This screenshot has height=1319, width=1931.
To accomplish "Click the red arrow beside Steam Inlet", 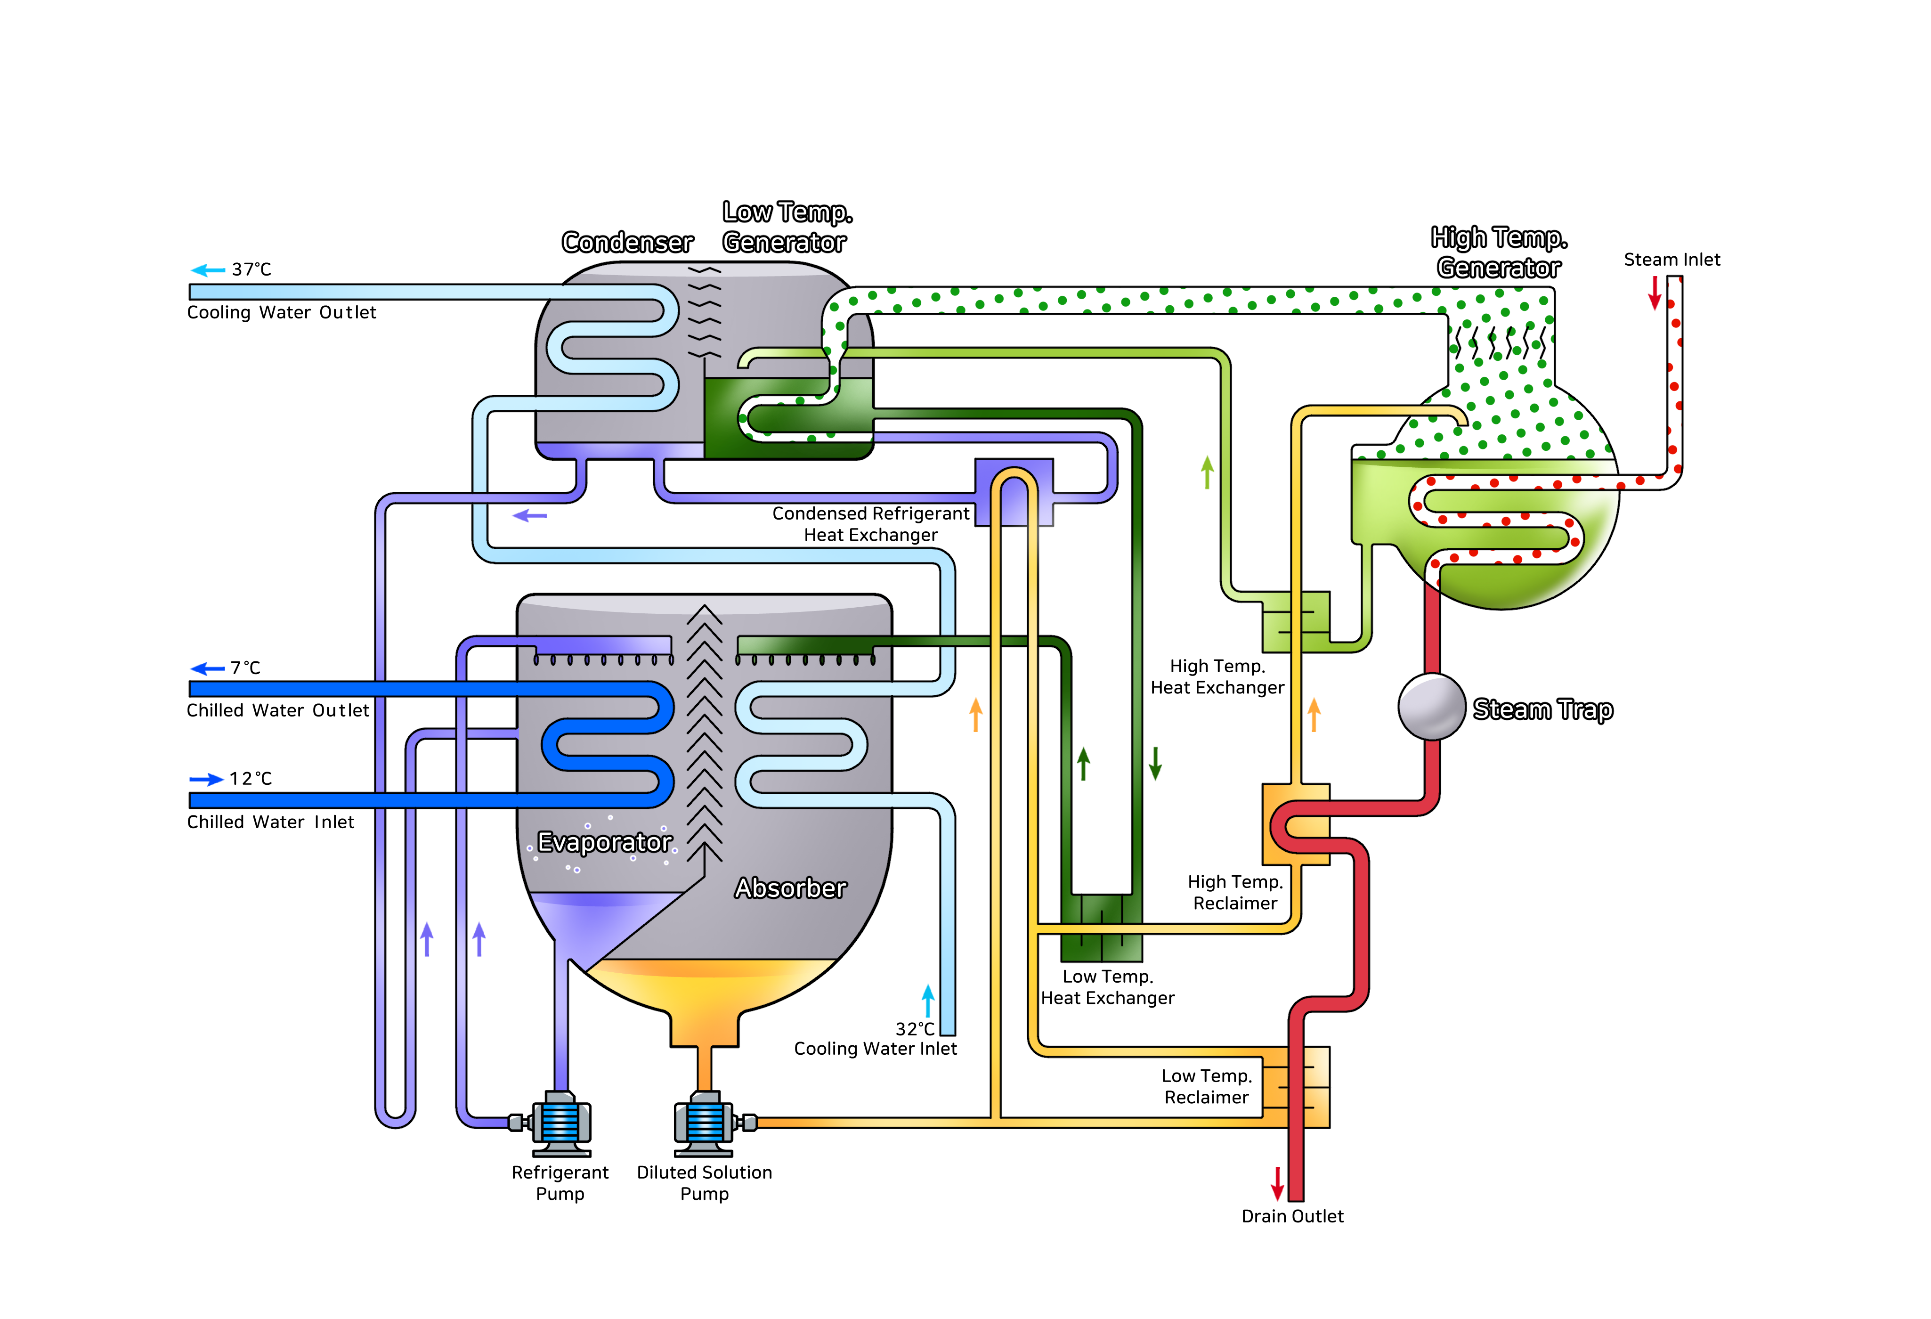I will (x=1655, y=293).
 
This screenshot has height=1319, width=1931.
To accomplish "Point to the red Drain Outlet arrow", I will (x=1278, y=1183).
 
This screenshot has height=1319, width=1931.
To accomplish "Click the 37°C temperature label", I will (x=251, y=269).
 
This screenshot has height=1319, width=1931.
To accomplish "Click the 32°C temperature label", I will (x=914, y=1029).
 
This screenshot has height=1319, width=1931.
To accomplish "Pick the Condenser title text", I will (x=627, y=243).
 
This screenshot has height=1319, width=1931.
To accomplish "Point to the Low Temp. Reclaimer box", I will (x=1296, y=1087).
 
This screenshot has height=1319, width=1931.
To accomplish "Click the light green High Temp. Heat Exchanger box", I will (x=1296, y=622).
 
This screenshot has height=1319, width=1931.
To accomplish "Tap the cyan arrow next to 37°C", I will (x=208, y=270).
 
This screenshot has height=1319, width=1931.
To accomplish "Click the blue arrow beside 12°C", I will (x=206, y=779).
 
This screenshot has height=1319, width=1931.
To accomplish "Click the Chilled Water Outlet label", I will (x=277, y=711).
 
